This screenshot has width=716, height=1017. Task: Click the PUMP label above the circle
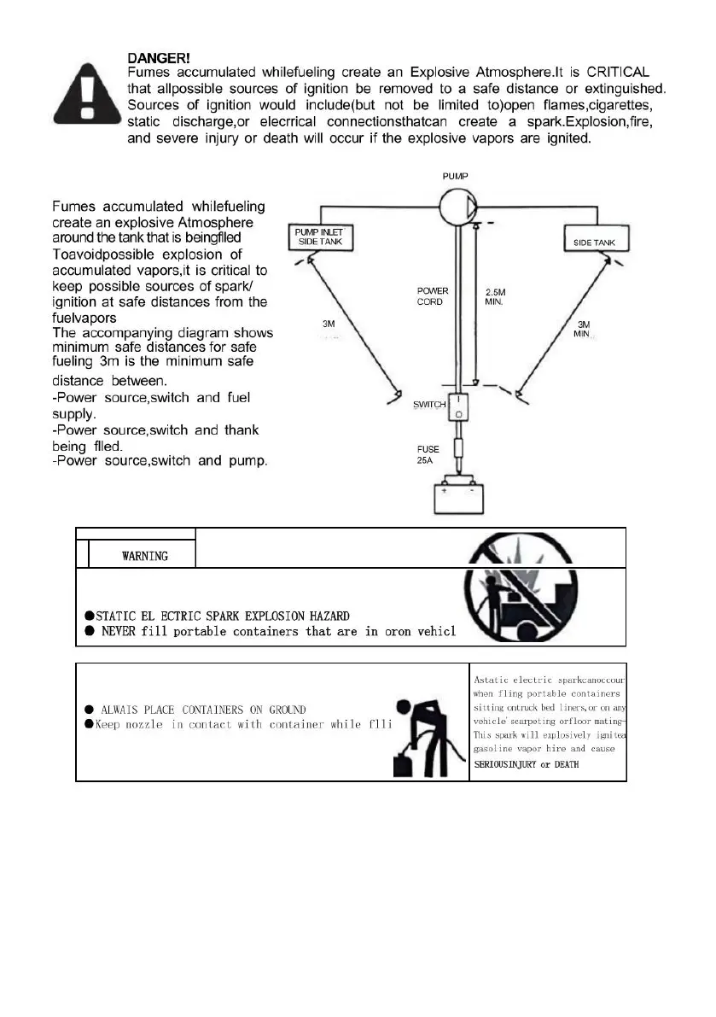455,176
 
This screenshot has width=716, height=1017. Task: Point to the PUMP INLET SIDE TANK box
318,237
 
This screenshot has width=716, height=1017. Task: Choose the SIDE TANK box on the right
595,243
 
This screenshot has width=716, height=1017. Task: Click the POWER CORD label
433,296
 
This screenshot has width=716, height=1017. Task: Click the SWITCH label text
430,404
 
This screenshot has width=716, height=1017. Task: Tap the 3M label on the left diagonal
328,324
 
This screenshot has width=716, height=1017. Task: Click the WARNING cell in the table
145,556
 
